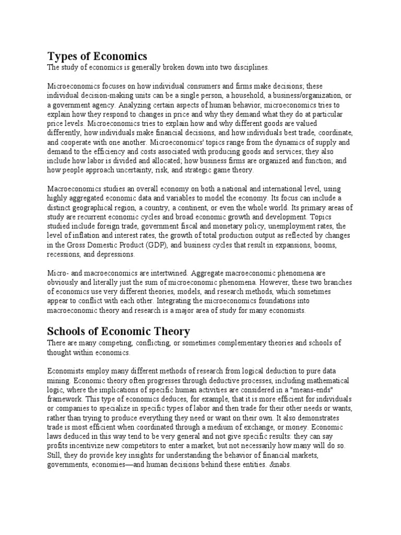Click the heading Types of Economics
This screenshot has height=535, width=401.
97,56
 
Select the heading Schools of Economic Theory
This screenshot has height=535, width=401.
119,331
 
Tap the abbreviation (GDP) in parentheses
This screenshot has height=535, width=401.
157,245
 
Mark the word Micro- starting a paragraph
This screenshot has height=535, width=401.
58,273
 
